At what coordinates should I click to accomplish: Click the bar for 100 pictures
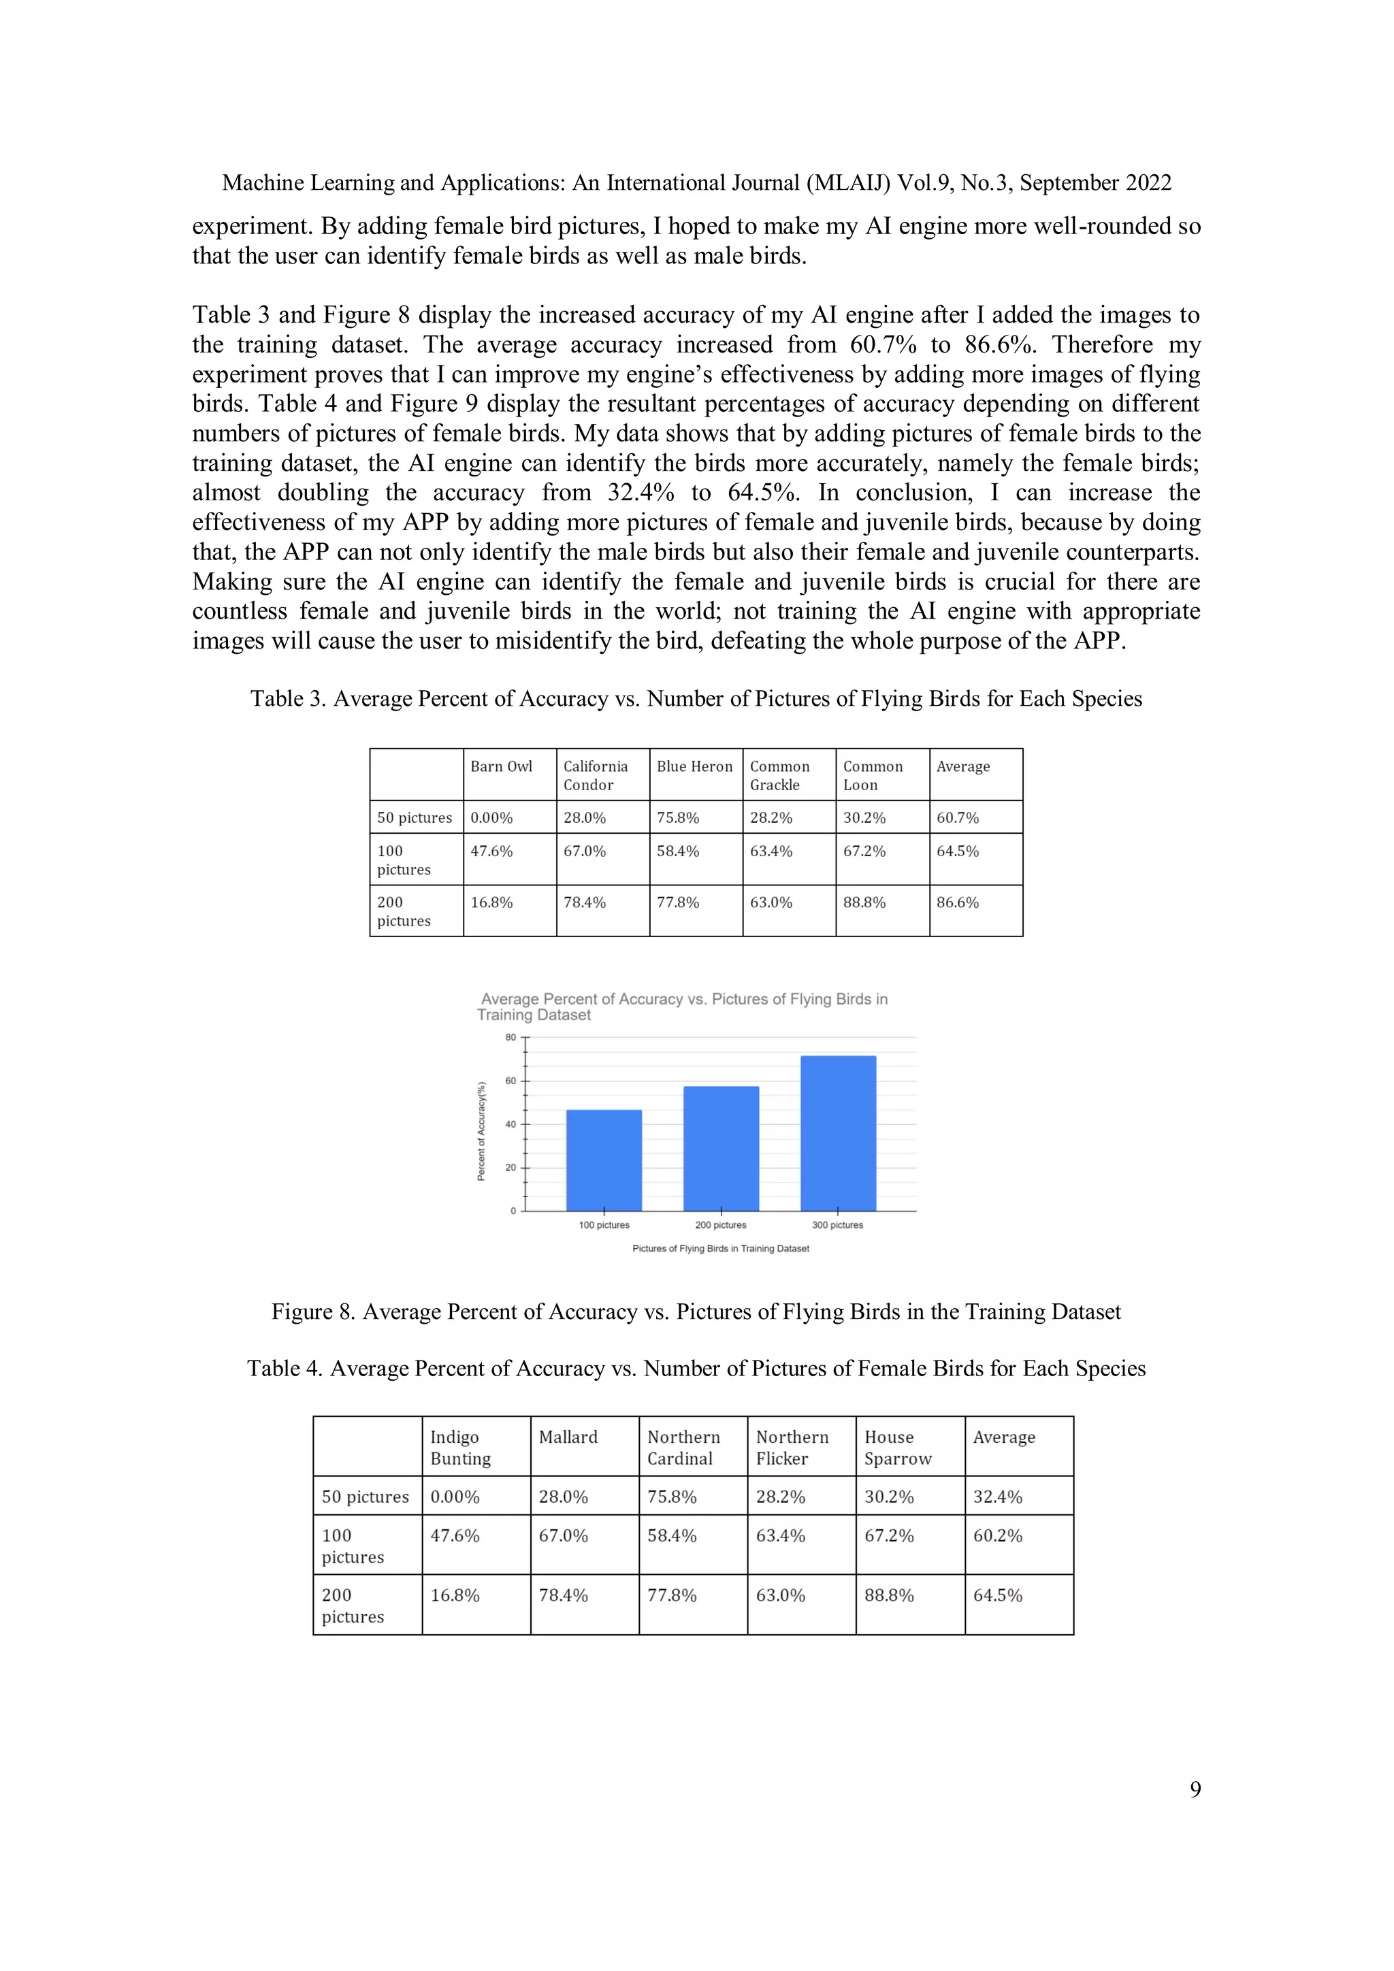pyautogui.click(x=604, y=1160)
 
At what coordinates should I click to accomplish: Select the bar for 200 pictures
pyautogui.click(x=721, y=1149)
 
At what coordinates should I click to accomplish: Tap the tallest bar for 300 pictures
pyautogui.click(x=838, y=1133)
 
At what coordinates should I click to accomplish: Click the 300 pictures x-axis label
pyautogui.click(x=838, y=1225)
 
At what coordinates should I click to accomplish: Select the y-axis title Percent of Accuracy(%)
pyautogui.click(x=481, y=1130)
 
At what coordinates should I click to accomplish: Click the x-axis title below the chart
pyautogui.click(x=720, y=1248)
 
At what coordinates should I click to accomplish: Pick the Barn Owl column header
pyautogui.click(x=501, y=766)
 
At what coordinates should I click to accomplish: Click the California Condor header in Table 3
pyautogui.click(x=596, y=775)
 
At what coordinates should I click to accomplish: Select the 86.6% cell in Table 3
pyautogui.click(x=958, y=902)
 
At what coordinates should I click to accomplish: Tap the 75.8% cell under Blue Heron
pyautogui.click(x=678, y=817)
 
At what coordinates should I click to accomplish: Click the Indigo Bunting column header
pyautogui.click(x=460, y=1448)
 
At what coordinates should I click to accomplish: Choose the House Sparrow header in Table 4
pyautogui.click(x=897, y=1448)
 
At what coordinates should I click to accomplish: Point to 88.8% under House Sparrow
pyautogui.click(x=888, y=1595)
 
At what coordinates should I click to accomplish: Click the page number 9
pyautogui.click(x=1195, y=1789)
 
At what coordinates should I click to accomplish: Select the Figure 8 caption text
pyautogui.click(x=696, y=1312)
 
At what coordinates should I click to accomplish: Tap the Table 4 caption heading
pyautogui.click(x=696, y=1369)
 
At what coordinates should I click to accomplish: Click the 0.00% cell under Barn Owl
pyautogui.click(x=492, y=817)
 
